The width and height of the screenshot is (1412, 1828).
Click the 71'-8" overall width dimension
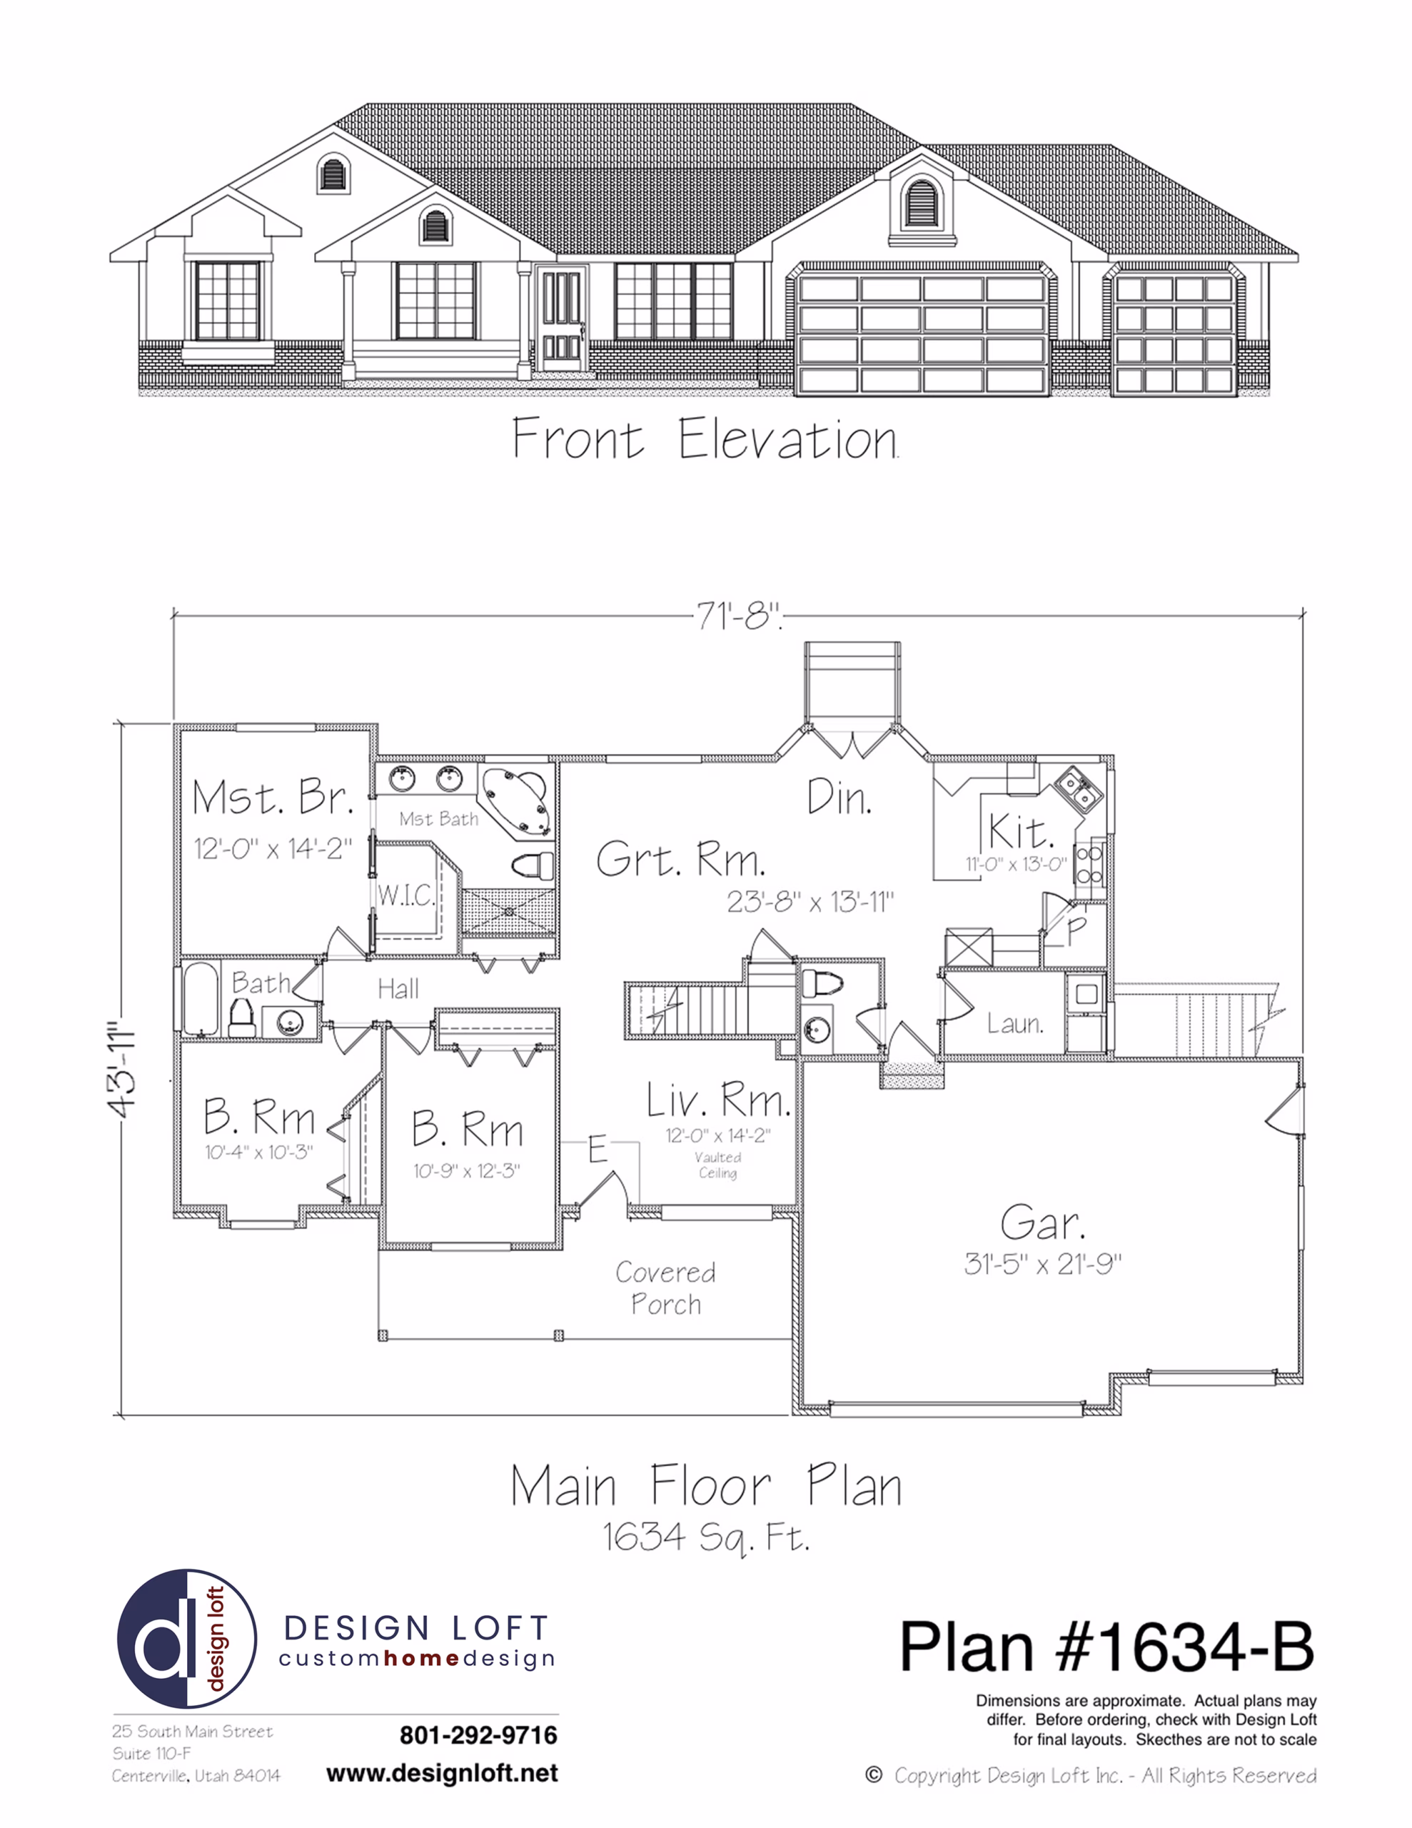[x=739, y=618]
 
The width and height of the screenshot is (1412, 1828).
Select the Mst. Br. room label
[x=272, y=797]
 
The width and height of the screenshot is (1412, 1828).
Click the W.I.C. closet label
[x=406, y=895]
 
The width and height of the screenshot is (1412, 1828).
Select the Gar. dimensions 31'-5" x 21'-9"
[x=1043, y=1263]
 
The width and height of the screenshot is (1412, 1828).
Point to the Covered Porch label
[x=666, y=1288]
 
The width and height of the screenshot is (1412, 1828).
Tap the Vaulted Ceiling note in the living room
[x=718, y=1165]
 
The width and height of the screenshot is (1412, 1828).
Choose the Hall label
[x=398, y=989]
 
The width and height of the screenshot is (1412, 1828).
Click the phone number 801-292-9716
[x=479, y=1735]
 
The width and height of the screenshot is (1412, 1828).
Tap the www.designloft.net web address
[x=442, y=1774]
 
